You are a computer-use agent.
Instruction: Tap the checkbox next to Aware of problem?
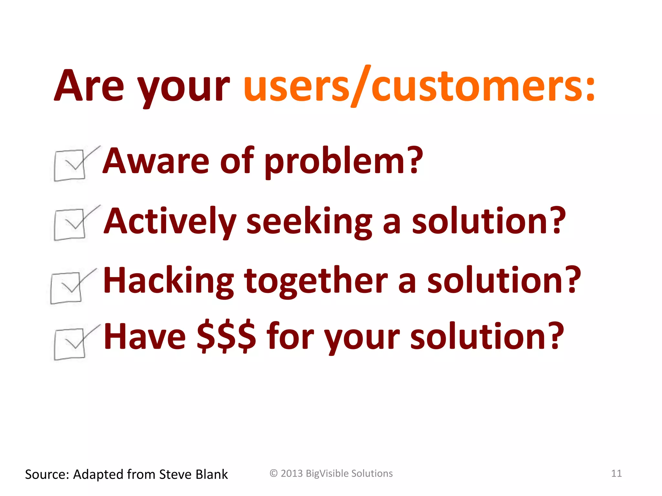point(70,165)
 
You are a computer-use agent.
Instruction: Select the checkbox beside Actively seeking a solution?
point(70,225)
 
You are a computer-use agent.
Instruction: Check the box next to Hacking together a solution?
point(66,288)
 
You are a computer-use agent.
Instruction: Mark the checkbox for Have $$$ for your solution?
point(70,344)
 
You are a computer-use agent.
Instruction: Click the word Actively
point(170,222)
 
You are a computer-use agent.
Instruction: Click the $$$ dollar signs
point(226,336)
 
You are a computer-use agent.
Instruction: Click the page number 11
point(616,473)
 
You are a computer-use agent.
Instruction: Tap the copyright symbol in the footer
point(273,473)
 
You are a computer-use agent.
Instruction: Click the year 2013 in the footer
point(292,473)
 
